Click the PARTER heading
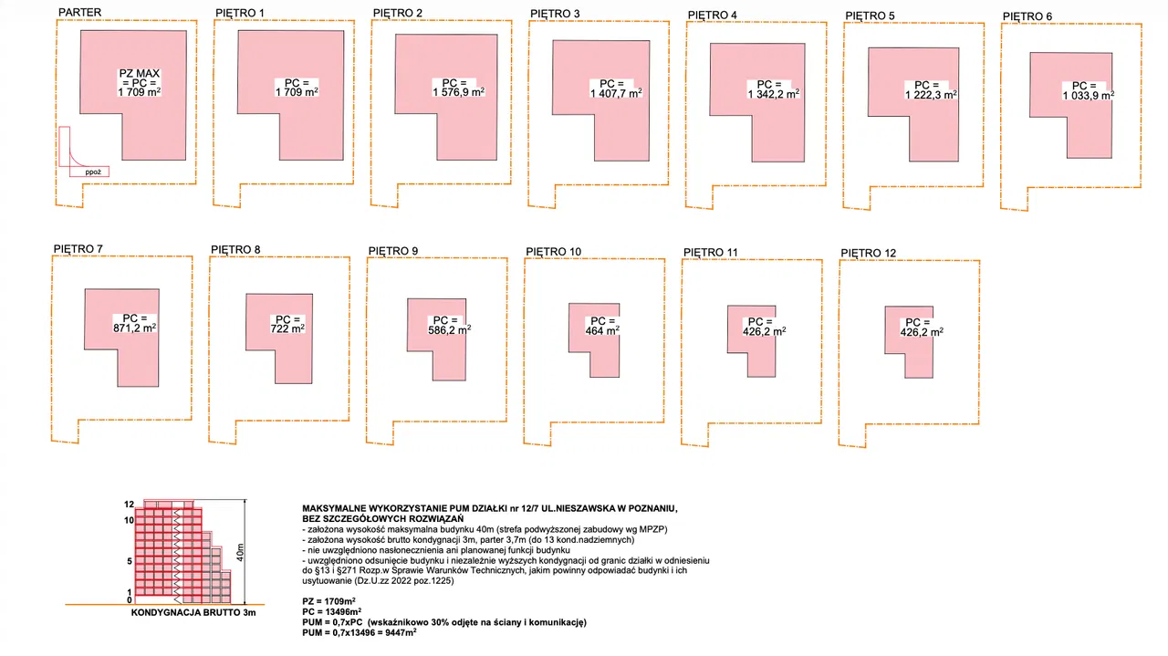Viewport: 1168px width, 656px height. pos(79,12)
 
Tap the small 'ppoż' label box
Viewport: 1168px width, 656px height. pos(89,172)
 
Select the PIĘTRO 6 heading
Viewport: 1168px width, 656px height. pos(1027,16)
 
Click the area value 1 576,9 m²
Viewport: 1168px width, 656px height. pos(458,92)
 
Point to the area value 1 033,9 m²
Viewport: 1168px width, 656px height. pos(1089,95)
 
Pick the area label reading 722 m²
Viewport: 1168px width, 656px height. pos(287,328)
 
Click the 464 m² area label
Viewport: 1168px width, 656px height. pos(602,330)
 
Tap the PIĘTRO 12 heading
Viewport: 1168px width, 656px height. pos(868,254)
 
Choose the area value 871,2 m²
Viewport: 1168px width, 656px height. pos(134,328)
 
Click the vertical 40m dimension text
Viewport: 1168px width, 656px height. pos(240,552)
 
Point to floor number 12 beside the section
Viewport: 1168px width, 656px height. pos(129,505)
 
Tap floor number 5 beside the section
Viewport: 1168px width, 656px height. pos(130,562)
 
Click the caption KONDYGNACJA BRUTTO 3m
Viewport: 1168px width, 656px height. pos(193,613)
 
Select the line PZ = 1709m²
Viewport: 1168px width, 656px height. pos(329,601)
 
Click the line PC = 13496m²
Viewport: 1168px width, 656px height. pos(331,611)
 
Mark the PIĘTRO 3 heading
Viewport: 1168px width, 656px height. pos(555,14)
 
